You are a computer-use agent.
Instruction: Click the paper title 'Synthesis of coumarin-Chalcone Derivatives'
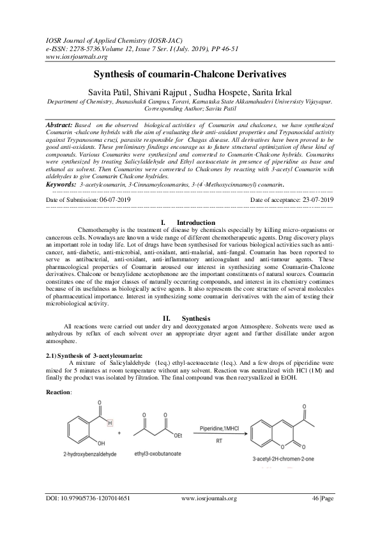tap(190, 75)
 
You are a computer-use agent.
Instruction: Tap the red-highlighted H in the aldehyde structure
tap(109, 423)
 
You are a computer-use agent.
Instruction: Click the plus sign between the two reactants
tap(120, 433)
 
